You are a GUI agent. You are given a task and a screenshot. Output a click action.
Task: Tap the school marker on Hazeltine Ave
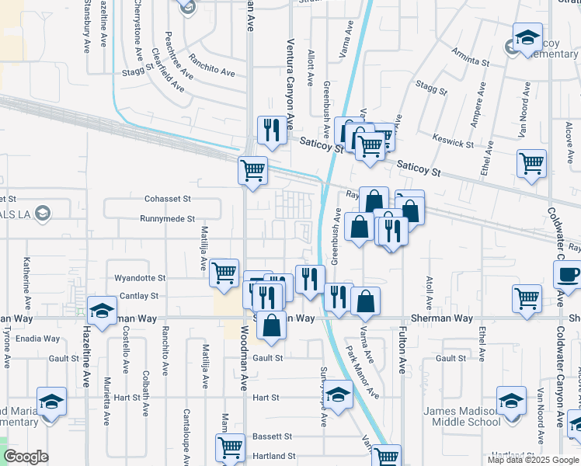[101, 311]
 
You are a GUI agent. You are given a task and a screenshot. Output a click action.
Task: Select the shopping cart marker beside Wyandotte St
[224, 273]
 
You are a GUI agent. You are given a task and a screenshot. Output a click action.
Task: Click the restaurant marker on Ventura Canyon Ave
[272, 130]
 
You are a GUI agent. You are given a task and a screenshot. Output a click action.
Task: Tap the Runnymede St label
[167, 219]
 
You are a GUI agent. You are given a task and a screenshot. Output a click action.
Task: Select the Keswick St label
[455, 144]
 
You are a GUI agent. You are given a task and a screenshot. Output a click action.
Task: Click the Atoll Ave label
[428, 290]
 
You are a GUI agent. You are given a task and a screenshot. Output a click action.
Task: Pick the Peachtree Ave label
[174, 49]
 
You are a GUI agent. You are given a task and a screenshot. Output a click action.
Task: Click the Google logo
[26, 457]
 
